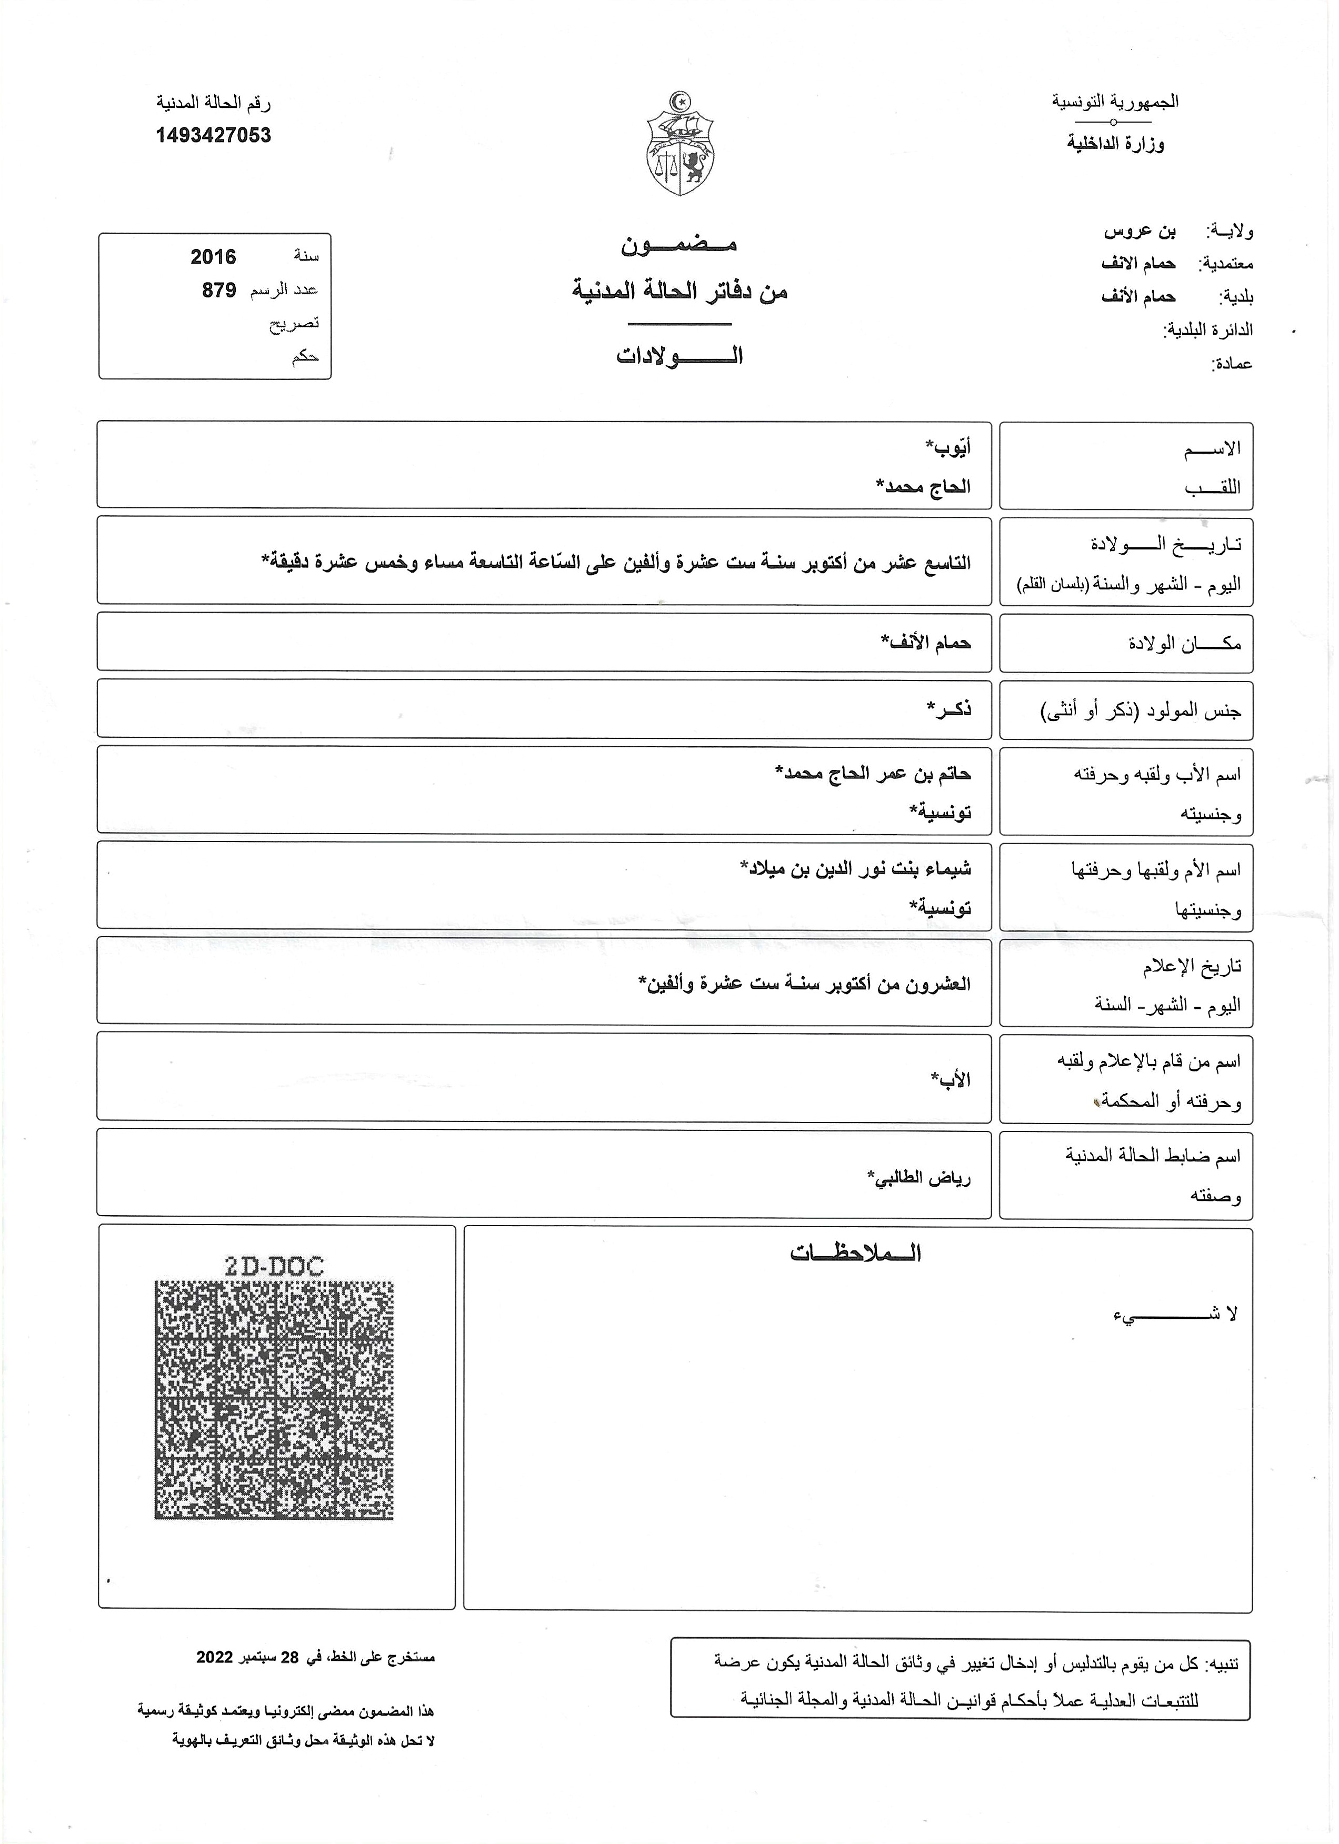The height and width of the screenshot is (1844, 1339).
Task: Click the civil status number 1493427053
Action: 213,135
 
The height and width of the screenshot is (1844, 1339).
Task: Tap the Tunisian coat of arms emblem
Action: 680,145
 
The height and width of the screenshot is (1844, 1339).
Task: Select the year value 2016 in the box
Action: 213,257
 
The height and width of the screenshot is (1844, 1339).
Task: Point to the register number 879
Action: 219,290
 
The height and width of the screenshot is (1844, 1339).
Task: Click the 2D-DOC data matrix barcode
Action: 274,1400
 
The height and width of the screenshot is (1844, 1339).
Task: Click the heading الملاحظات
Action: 855,1253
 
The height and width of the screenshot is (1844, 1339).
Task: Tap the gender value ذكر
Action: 949,709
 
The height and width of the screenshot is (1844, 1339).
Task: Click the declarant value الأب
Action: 951,1080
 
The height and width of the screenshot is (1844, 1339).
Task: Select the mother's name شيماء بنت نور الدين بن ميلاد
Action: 855,868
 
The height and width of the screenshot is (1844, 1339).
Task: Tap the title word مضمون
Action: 679,244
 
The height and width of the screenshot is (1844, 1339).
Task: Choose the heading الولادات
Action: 679,356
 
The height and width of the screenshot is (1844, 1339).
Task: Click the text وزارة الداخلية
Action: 1115,144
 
